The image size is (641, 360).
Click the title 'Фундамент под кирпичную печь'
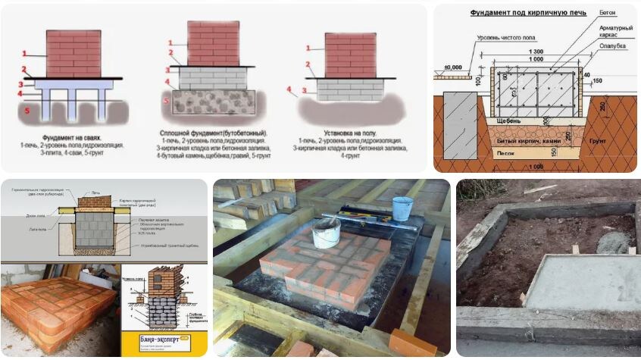(517, 13)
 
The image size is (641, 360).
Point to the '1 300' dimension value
(538, 51)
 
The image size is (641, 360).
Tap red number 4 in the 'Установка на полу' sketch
(289, 89)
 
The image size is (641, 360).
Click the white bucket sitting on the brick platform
(326, 233)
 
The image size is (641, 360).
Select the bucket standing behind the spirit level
(402, 208)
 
